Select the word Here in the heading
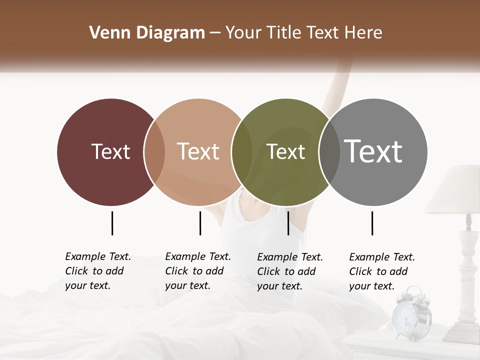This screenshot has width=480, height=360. point(363,33)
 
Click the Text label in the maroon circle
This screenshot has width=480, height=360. point(110,151)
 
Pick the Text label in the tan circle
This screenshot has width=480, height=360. point(198,151)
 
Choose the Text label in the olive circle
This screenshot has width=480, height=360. point(285,151)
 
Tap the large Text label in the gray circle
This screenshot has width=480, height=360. point(373,151)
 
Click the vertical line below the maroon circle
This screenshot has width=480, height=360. point(112,223)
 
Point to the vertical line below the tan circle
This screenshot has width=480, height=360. point(200,223)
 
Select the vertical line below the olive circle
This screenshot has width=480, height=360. point(288,223)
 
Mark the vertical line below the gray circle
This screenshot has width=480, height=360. point(372,223)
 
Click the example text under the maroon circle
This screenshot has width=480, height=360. point(97,271)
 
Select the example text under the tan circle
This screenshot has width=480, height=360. point(197,271)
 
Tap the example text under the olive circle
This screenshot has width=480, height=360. point(289,271)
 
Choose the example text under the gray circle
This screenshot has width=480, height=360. point(381,271)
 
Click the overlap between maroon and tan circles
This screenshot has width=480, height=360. point(154,152)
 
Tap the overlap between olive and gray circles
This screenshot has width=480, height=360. point(328,152)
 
